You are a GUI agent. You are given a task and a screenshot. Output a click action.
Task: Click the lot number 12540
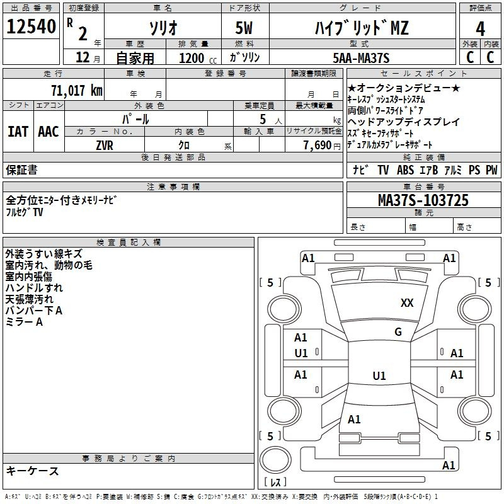(31, 26)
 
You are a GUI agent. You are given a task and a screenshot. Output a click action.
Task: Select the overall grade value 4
(480, 29)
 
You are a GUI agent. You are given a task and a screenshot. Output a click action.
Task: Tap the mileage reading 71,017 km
(77, 90)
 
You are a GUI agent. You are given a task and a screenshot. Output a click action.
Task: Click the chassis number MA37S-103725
(423, 200)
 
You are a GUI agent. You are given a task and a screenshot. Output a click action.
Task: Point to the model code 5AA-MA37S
(361, 58)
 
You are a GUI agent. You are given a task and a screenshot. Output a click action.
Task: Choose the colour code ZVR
(105, 146)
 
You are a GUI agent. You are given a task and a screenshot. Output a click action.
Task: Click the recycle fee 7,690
(318, 146)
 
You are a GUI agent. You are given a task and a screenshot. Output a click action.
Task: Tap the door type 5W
(244, 28)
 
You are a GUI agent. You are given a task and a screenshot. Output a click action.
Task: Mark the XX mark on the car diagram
(407, 303)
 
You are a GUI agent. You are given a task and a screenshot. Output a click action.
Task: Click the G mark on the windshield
(398, 332)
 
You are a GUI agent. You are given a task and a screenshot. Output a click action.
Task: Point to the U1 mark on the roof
(379, 375)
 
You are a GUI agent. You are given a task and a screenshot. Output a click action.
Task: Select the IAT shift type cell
(18, 132)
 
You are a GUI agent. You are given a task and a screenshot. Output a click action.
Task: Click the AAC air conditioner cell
(49, 132)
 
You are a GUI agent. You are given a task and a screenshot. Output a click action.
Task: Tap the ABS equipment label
(405, 170)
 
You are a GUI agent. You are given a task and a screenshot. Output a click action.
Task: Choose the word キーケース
(32, 471)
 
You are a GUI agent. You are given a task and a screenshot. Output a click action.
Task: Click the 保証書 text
(21, 170)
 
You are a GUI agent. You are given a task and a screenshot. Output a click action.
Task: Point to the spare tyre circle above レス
(275, 460)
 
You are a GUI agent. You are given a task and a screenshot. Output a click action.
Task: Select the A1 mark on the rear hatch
(354, 420)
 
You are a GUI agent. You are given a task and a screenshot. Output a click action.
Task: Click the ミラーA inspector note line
(24, 322)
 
